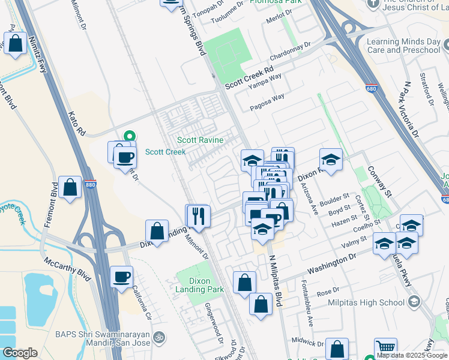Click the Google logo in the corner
coord(20,353)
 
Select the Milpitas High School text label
coord(366,303)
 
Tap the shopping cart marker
coord(385,348)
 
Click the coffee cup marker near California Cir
coord(121,277)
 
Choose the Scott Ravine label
coord(200,140)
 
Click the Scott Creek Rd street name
coord(249,78)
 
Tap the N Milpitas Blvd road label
coord(274,281)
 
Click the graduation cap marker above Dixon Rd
coord(331,160)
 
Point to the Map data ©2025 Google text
coord(411,355)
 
